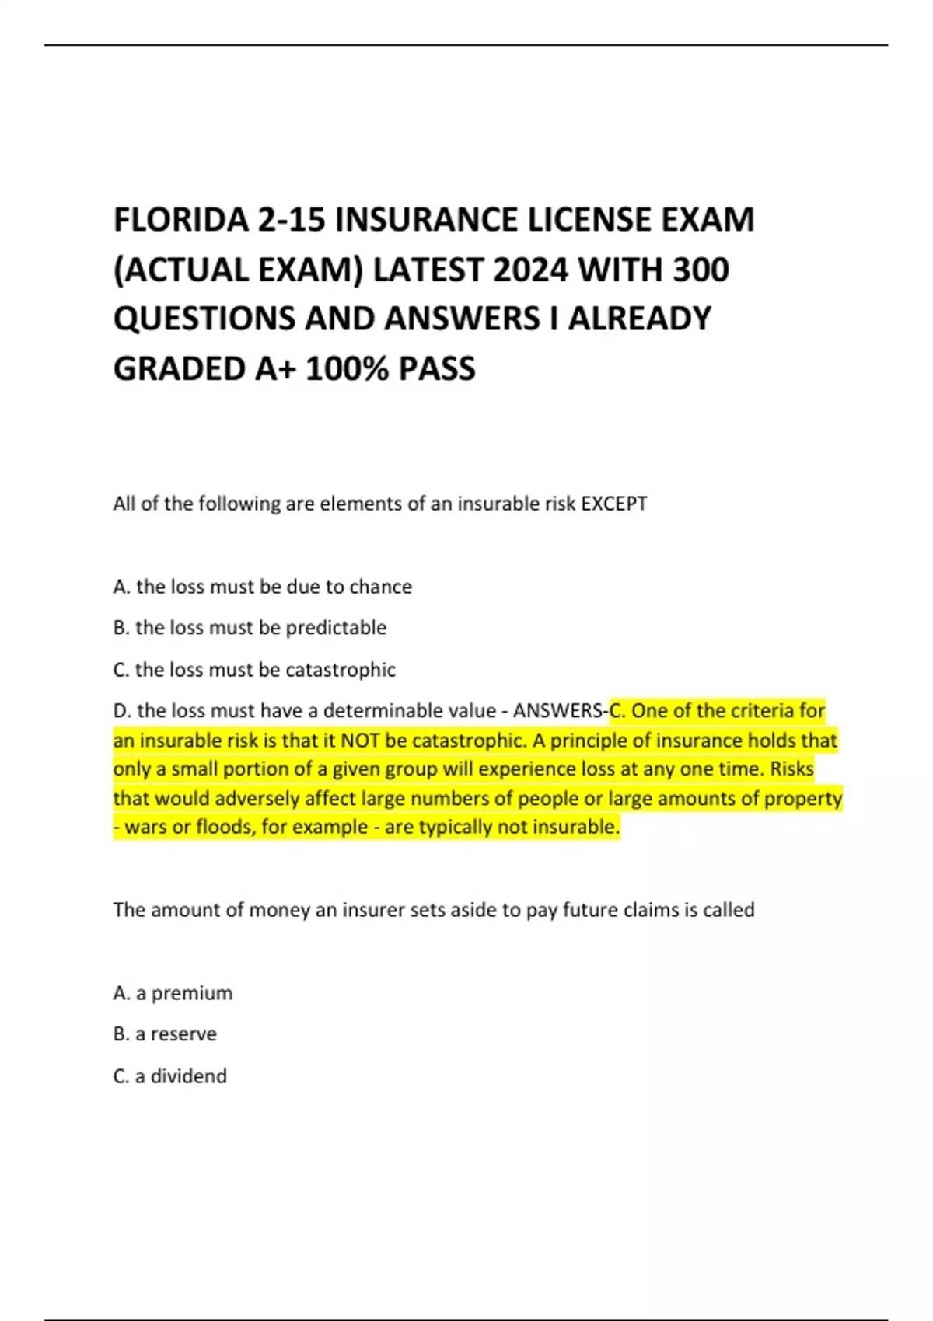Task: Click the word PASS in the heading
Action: (x=437, y=368)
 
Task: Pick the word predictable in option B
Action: (x=336, y=628)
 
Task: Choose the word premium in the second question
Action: (x=192, y=993)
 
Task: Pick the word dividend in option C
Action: (x=189, y=1076)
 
